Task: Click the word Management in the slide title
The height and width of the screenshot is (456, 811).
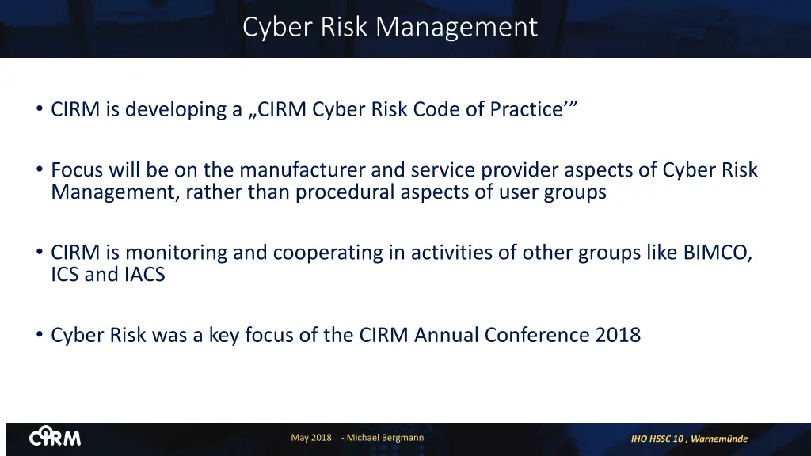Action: [456, 27]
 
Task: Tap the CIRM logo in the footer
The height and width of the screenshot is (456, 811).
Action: [55, 437]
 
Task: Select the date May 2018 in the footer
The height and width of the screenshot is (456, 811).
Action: [311, 438]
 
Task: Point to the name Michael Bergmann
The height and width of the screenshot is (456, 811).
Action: [385, 438]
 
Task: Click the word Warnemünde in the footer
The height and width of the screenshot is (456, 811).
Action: [719, 439]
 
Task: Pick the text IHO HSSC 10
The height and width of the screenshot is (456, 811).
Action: [657, 439]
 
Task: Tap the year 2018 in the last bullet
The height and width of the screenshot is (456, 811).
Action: [617, 335]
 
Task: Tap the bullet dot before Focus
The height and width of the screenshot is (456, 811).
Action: [40, 170]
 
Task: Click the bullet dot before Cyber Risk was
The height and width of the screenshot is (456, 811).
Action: [40, 335]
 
